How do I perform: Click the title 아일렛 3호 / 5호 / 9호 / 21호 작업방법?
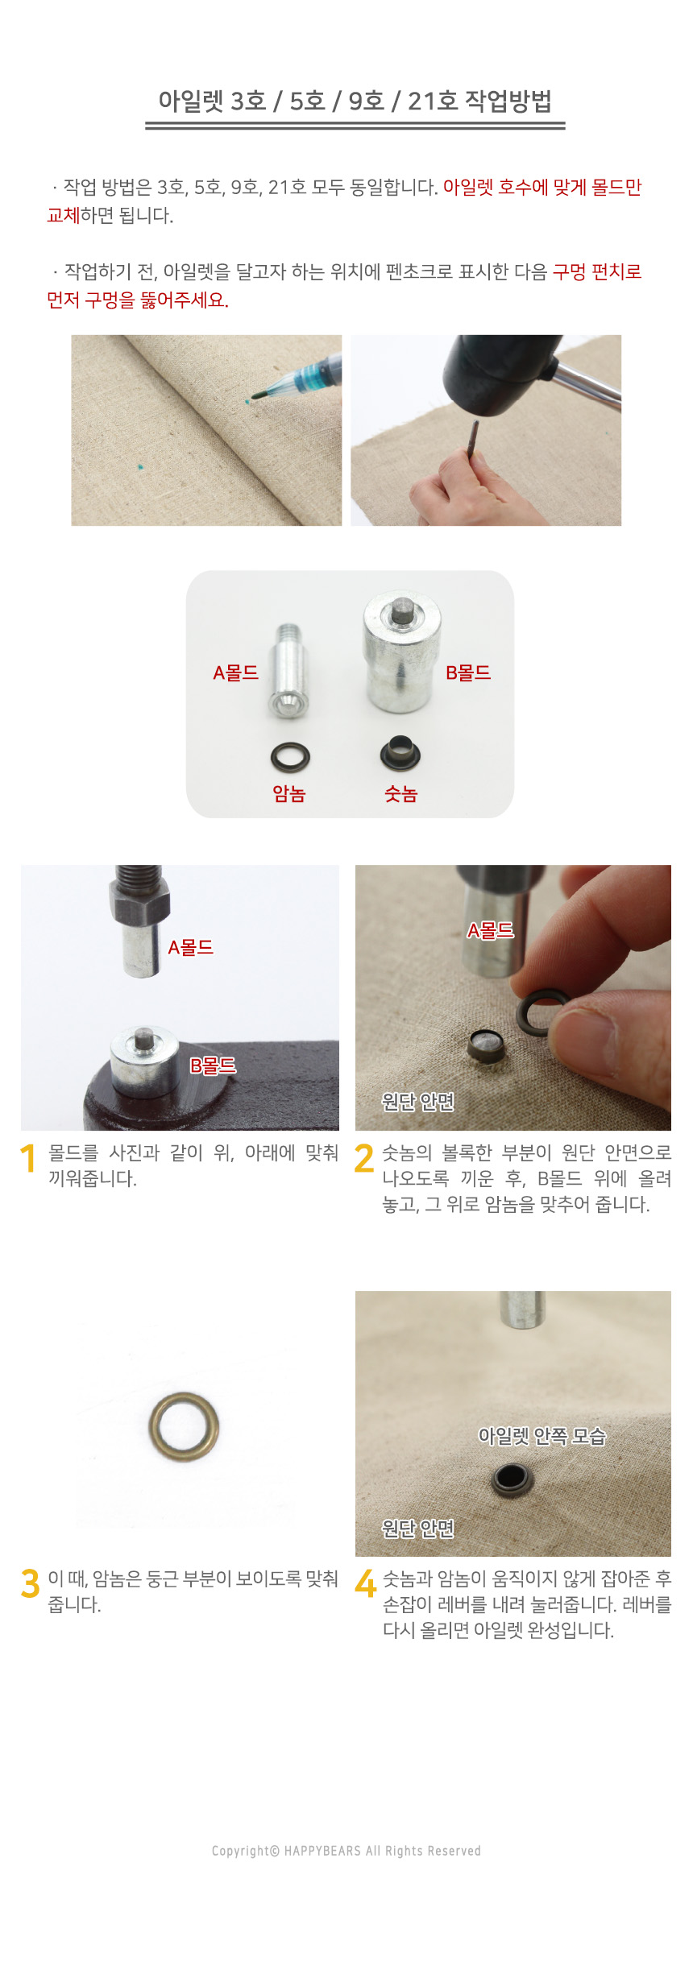click(x=355, y=101)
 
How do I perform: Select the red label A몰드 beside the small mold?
click(x=235, y=672)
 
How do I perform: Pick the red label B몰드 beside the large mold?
click(x=468, y=672)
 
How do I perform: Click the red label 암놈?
click(x=289, y=794)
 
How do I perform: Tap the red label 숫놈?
click(x=400, y=794)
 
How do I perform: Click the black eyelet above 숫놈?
click(x=400, y=753)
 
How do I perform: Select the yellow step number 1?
click(x=28, y=1159)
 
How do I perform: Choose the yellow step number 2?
click(x=364, y=1159)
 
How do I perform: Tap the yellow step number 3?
click(x=30, y=1583)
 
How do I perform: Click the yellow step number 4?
click(x=365, y=1583)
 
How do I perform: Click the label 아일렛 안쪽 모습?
click(x=542, y=1436)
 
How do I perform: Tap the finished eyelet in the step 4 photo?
click(x=511, y=1479)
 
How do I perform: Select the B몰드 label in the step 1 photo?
click(x=213, y=1065)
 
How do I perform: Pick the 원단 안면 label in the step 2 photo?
click(x=417, y=1101)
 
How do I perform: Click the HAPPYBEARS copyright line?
click(x=346, y=1851)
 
